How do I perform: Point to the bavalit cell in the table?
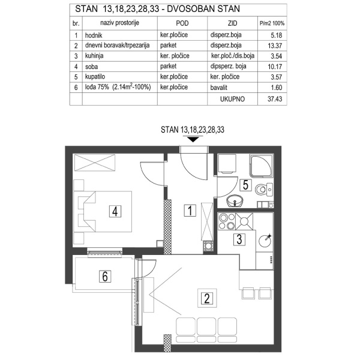223,88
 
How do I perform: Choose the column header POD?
182,23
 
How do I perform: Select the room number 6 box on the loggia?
105,277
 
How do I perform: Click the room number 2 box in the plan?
206,296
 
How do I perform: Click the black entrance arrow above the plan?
193,140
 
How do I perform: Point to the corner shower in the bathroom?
262,164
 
